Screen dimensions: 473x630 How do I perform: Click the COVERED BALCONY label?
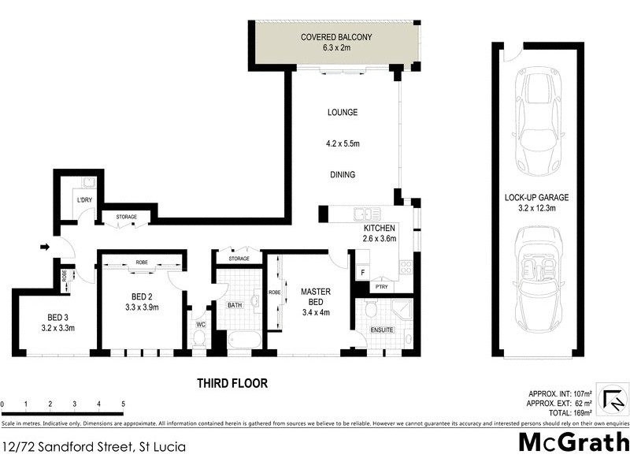[x=335, y=37]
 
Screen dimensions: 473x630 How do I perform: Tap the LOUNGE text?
[x=343, y=113]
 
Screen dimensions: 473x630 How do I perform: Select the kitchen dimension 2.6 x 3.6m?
[x=379, y=238]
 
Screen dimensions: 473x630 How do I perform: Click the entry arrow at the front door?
[x=45, y=248]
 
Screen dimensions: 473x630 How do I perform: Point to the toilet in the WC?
[x=199, y=337]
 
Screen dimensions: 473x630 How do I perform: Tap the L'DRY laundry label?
[x=84, y=199]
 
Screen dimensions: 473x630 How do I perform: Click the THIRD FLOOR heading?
[x=232, y=384]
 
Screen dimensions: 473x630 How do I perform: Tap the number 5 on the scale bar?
[x=123, y=404]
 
